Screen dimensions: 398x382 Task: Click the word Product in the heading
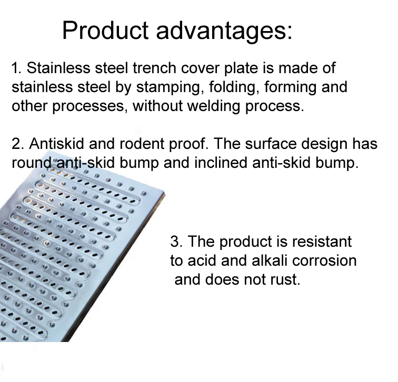105,30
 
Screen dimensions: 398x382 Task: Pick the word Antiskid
57,144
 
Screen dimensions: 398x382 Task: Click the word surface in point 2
271,144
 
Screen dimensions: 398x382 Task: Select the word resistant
322,242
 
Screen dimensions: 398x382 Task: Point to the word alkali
270,260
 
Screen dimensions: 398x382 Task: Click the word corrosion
324,261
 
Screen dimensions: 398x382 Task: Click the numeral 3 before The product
175,242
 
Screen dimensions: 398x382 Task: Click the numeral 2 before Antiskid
16,144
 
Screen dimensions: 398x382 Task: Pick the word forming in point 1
290,88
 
